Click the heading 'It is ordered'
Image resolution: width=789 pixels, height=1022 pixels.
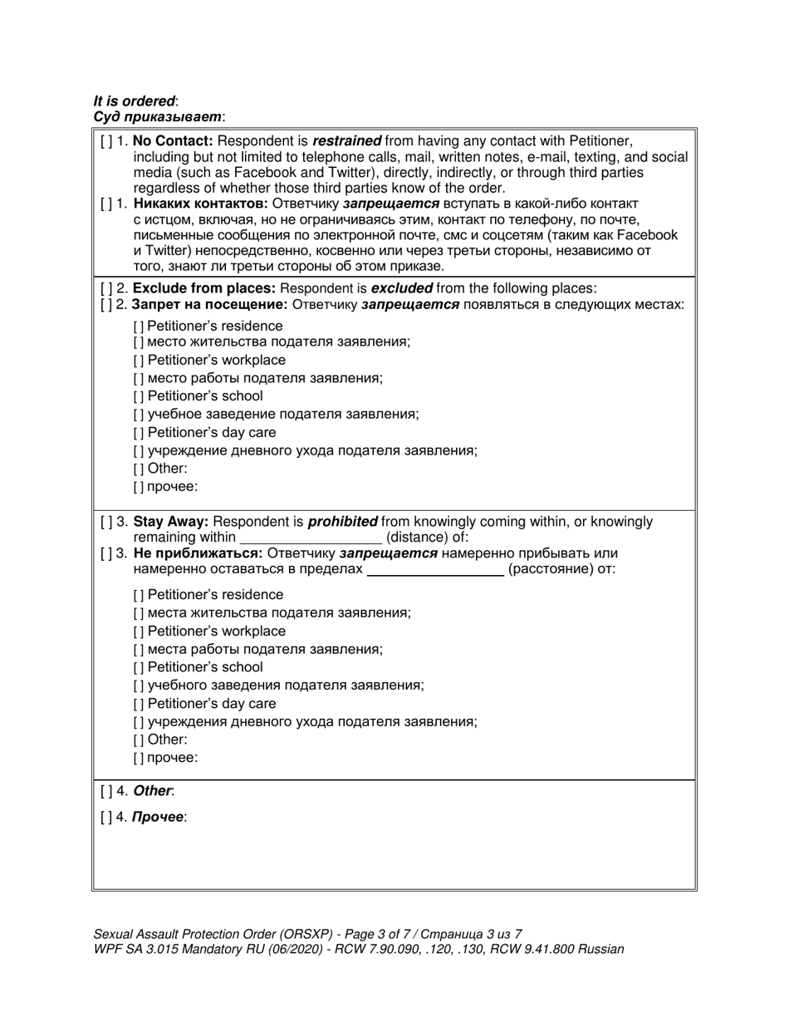point(134,101)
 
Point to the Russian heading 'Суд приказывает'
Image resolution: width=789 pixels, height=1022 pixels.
point(157,117)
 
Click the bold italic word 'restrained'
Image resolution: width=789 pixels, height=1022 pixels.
point(346,141)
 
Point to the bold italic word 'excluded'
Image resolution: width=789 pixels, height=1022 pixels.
point(401,289)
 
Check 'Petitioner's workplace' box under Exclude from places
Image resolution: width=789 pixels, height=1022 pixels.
point(138,361)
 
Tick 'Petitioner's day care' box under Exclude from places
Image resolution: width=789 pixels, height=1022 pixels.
point(138,433)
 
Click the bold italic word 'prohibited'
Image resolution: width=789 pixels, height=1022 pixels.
point(342,523)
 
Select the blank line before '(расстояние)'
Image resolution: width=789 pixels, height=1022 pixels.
point(435,570)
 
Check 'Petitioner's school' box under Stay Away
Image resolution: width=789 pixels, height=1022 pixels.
point(138,668)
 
